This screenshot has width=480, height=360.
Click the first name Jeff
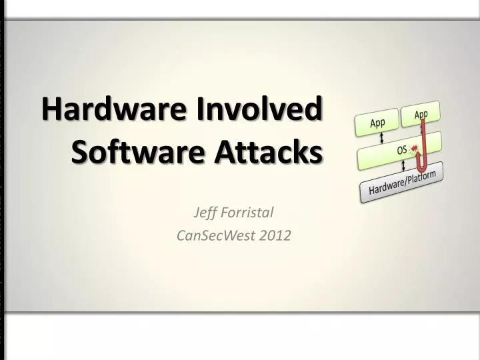pyautogui.click(x=205, y=213)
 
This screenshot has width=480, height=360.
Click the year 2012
pyautogui.click(x=275, y=235)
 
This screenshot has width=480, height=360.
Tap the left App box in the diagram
pyautogui.click(x=377, y=123)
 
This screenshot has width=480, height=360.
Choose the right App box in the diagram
pyautogui.click(x=421, y=115)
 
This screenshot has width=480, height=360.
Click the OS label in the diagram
pyautogui.click(x=402, y=151)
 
